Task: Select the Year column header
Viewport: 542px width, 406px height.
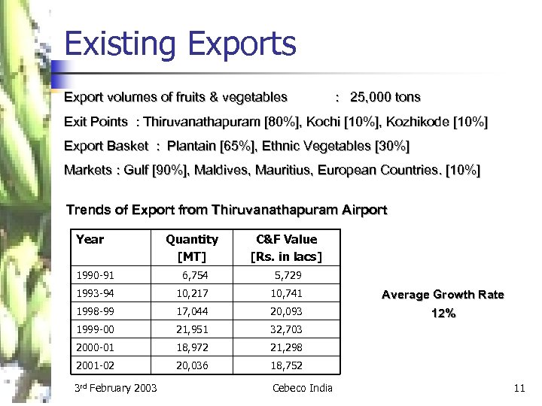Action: pos(90,239)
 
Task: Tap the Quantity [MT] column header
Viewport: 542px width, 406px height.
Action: pos(191,247)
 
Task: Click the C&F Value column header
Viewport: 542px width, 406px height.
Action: pos(286,247)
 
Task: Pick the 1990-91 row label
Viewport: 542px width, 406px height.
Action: pos(94,276)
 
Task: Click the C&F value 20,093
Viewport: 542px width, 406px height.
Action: pos(286,311)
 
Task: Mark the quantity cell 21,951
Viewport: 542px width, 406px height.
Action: pos(191,329)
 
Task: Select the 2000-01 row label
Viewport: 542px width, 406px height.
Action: pos(95,347)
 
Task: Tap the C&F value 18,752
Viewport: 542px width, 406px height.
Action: pos(286,365)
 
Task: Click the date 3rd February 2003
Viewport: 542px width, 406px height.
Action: pos(116,388)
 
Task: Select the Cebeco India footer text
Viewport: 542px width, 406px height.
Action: pos(301,388)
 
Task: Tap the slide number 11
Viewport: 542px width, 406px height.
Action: pos(518,388)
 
